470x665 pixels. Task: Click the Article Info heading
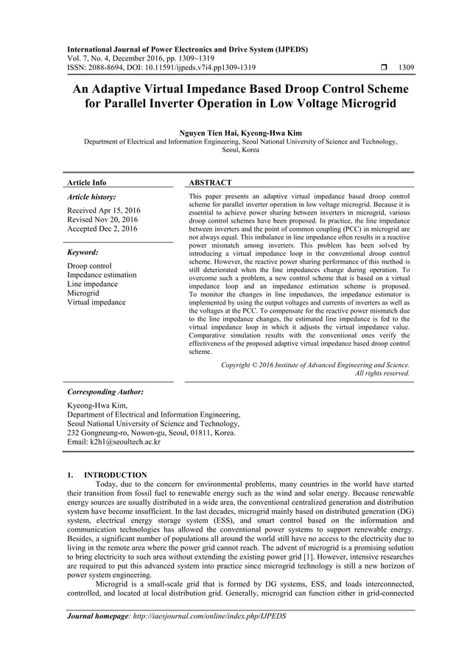click(86, 182)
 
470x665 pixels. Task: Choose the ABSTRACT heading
click(211, 182)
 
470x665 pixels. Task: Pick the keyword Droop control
click(89, 266)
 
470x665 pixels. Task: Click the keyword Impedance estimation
click(102, 275)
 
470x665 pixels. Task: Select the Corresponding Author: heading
click(105, 392)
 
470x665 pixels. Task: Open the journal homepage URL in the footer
click(212, 615)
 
